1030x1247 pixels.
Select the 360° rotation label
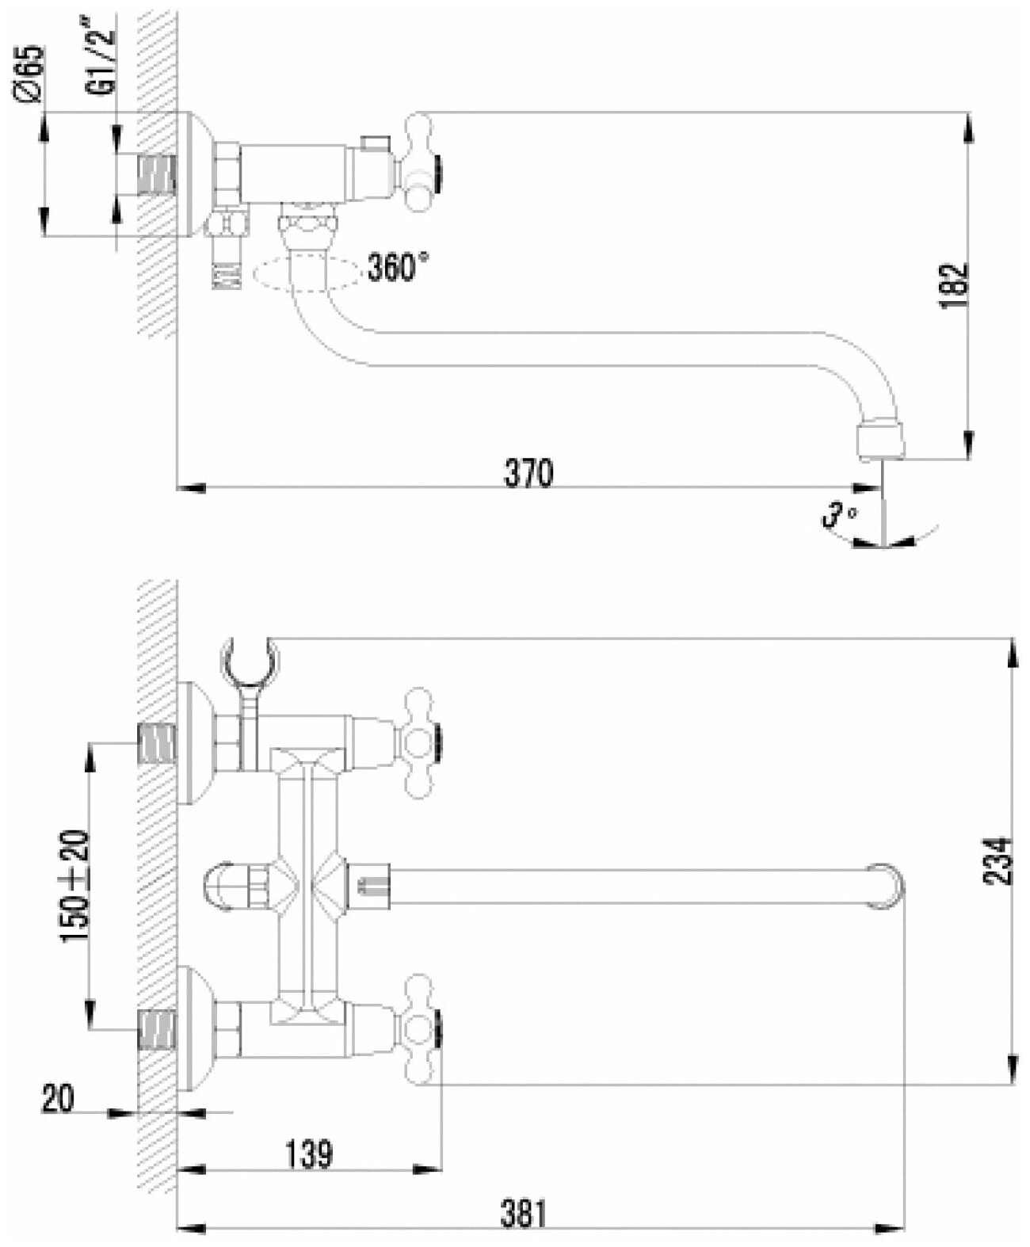pyautogui.click(x=398, y=268)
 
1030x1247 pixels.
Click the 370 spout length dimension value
pyautogui.click(x=528, y=474)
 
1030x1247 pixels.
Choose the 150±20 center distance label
pyautogui.click(x=76, y=887)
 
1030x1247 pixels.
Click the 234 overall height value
pyautogui.click(x=1001, y=861)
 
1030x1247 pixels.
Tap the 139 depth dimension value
pyautogui.click(x=307, y=1154)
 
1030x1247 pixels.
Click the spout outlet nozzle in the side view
pyautogui.click(x=879, y=441)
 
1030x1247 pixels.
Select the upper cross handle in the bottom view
pyautogui.click(x=419, y=742)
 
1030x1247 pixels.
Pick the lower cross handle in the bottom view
pyautogui.click(x=419, y=1029)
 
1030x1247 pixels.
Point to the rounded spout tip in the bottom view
pyautogui.click(x=887, y=886)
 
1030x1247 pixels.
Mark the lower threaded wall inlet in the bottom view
pyautogui.click(x=157, y=1029)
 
